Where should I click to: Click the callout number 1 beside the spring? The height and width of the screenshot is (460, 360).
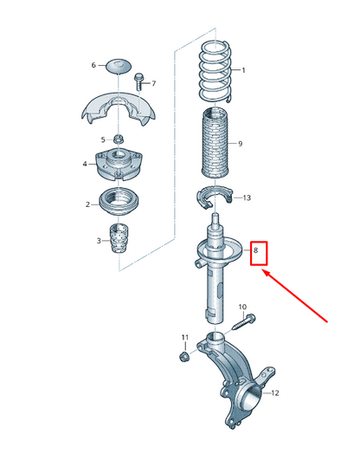point(243,71)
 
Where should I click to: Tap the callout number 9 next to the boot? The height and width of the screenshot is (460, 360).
point(240,144)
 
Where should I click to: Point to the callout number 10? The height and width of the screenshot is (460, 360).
point(242,308)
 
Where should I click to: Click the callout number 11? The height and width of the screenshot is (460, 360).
point(183,336)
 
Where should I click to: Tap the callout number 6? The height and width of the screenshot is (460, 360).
point(94,65)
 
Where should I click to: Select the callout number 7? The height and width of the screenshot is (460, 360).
point(154,83)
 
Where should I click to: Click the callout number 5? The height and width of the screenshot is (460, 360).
point(102,139)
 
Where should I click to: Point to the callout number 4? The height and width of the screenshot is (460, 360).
point(85,163)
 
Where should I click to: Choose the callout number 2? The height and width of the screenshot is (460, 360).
point(88,204)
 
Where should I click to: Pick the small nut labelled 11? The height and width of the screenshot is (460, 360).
point(183,355)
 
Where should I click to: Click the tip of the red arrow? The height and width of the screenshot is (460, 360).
point(262,271)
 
